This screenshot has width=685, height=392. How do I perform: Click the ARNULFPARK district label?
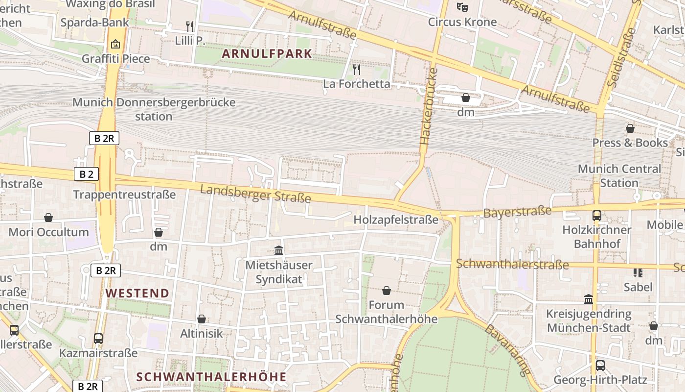[x=267, y=53]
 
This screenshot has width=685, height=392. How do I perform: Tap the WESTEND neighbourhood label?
[x=137, y=293]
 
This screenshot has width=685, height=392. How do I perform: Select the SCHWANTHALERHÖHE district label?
[x=211, y=376]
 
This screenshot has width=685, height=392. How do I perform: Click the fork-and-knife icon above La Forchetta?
[x=357, y=70]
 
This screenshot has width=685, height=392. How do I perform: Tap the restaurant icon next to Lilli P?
[x=190, y=26]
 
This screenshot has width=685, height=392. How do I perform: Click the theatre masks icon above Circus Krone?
[x=462, y=7]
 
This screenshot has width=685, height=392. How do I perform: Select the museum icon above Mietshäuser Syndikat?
[x=279, y=251]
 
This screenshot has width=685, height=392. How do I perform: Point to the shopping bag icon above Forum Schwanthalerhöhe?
[x=387, y=291]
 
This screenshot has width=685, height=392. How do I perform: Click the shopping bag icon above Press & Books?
[x=630, y=128]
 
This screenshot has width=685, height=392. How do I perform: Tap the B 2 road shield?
[x=87, y=174]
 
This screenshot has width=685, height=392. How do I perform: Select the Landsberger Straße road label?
[x=255, y=193]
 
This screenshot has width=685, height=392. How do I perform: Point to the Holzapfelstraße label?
[x=396, y=219]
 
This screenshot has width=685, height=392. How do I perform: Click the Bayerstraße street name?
[x=517, y=212]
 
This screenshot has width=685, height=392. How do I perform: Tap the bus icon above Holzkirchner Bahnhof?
[x=596, y=215]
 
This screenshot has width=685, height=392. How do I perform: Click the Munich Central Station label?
[x=619, y=175]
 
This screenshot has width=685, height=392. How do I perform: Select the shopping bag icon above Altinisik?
[x=202, y=319]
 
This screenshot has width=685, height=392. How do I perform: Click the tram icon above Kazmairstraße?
[x=98, y=338]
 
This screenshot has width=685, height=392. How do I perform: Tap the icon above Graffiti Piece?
[x=115, y=44]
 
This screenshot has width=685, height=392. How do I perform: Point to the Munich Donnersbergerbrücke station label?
[x=154, y=109]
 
